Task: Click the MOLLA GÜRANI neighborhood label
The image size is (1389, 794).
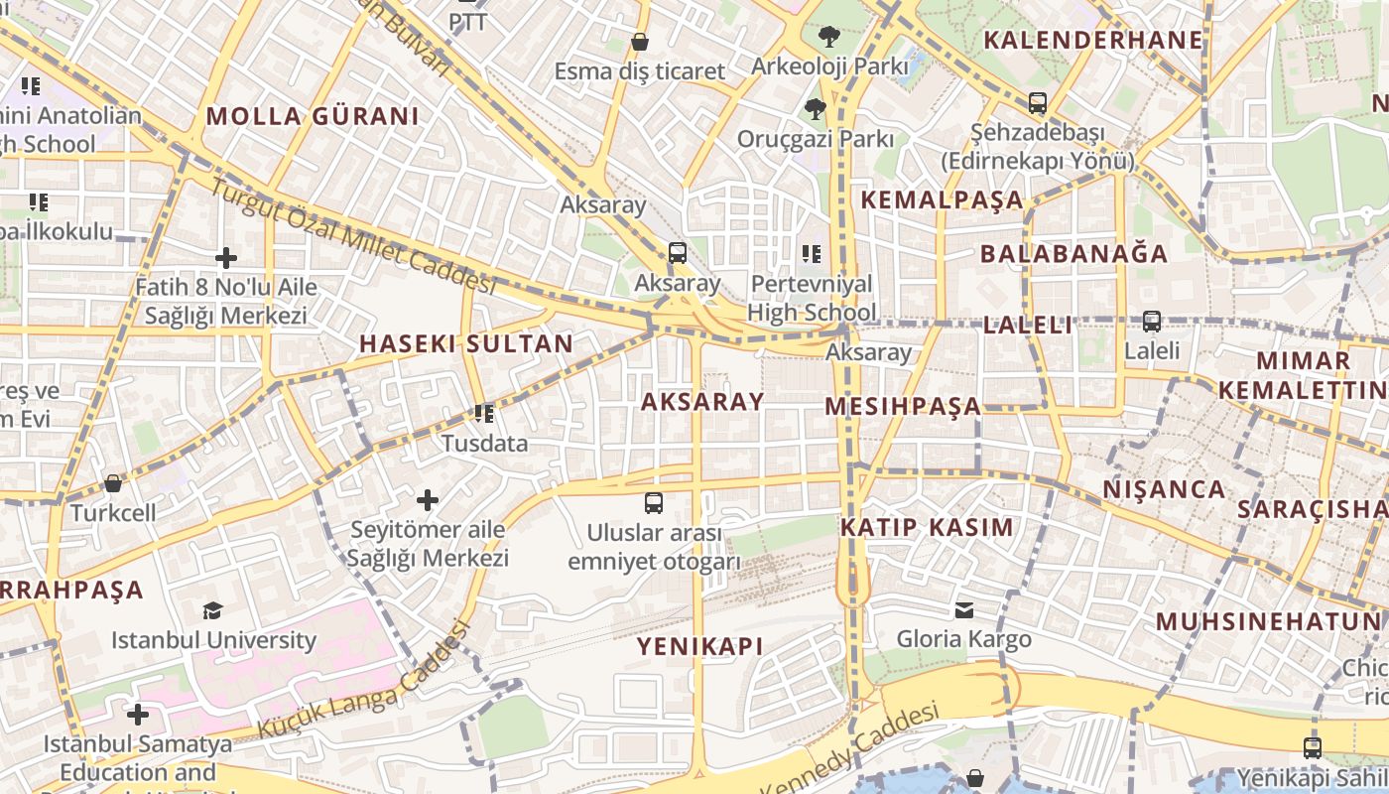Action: point(313,116)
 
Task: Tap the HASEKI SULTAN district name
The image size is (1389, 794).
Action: point(466,344)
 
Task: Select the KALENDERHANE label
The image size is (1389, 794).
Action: point(1093,41)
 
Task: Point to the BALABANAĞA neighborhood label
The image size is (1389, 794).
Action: point(1074,253)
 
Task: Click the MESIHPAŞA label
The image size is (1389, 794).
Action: point(903,406)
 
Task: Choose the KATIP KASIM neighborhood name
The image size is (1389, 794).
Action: point(927,527)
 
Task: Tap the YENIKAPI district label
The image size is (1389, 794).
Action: point(699,647)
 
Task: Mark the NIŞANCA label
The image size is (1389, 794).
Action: point(1164,489)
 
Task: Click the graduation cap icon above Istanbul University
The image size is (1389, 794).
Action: point(212,609)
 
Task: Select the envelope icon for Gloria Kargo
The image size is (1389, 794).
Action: point(964,609)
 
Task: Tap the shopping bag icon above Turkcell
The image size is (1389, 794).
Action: point(113,483)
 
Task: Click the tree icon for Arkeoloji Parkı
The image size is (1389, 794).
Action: point(828,38)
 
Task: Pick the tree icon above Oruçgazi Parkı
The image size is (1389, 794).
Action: point(816,108)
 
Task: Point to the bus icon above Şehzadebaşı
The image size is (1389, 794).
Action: point(1038,102)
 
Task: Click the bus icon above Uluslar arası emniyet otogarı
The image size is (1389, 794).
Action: point(653,502)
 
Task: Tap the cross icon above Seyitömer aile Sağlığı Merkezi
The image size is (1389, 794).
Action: point(428,499)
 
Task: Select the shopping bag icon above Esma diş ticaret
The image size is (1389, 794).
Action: point(640,42)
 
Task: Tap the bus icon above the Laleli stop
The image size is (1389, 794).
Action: point(1151,322)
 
